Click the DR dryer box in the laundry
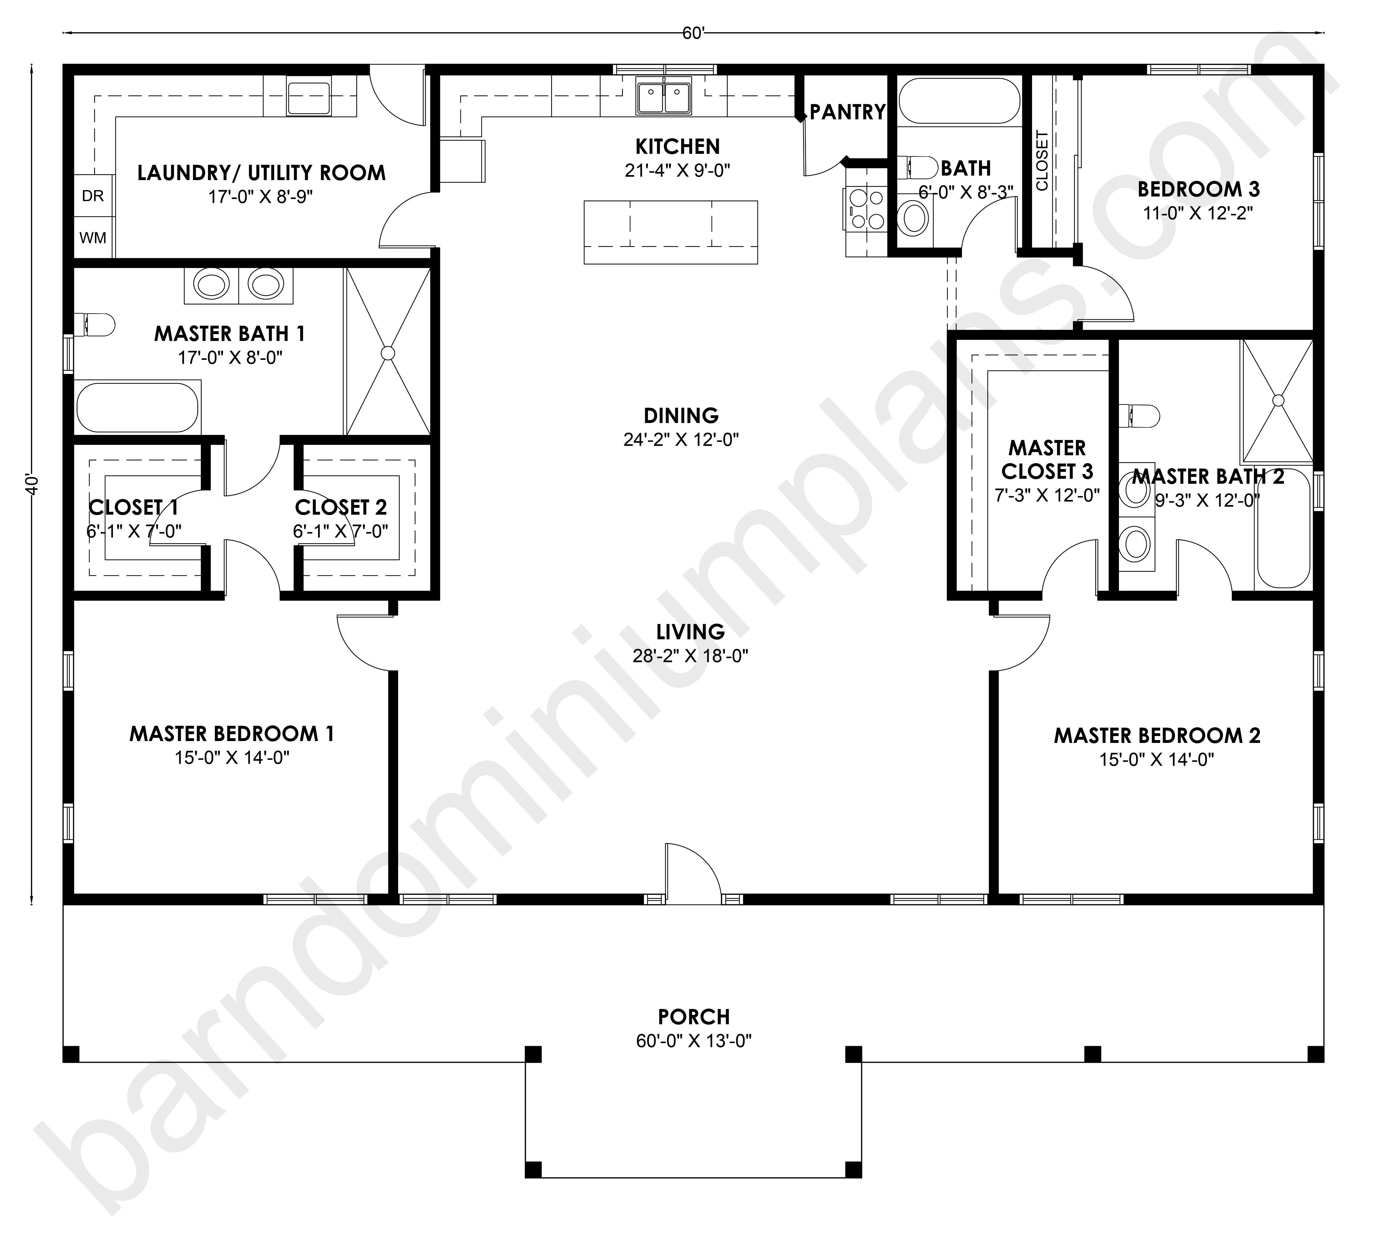coord(94,196)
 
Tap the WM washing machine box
coord(94,237)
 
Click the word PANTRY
coord(848,112)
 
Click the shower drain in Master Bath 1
coord(388,352)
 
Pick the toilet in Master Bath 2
coord(1139,416)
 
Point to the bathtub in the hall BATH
coord(959,101)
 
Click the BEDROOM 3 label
coord(1198,189)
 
